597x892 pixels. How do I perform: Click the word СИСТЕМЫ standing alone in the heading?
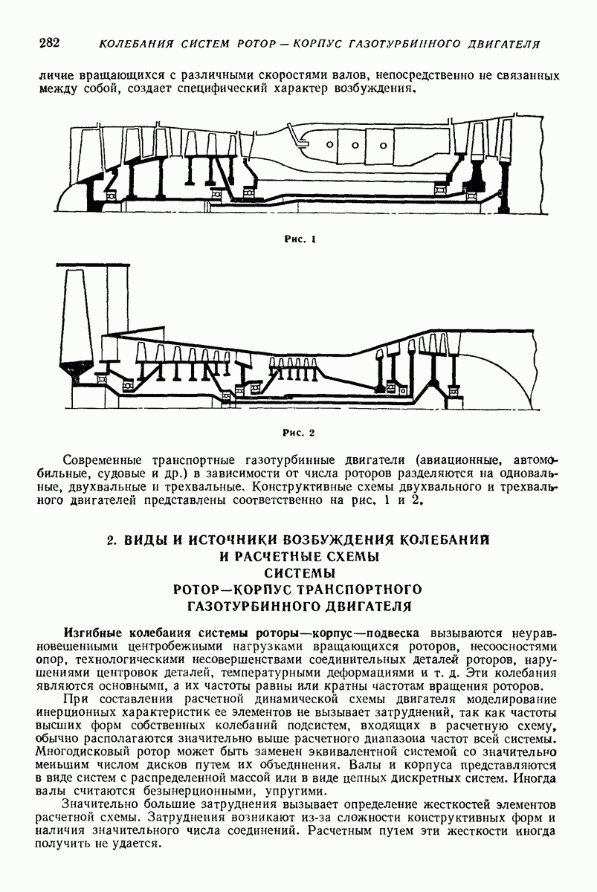coord(300,572)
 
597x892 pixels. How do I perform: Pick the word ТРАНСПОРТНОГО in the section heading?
coord(355,589)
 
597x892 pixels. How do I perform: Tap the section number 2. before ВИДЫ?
coord(112,539)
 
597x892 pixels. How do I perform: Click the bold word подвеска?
coord(393,633)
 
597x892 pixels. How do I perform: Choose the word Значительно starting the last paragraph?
coord(101,805)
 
